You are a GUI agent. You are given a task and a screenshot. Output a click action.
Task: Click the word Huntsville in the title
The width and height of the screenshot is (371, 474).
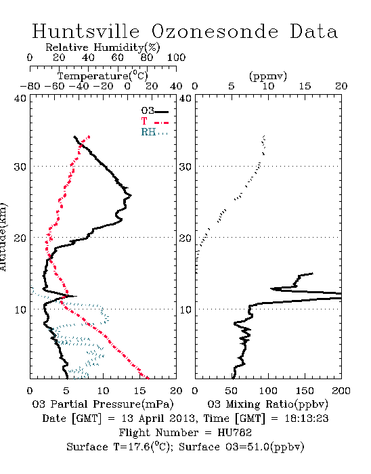(86, 31)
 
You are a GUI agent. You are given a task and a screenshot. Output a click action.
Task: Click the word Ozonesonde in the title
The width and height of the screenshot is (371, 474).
(215, 31)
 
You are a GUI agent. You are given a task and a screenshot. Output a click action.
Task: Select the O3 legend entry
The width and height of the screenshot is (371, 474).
(154, 111)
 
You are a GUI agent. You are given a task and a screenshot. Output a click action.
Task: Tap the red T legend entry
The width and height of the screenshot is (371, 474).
(154, 122)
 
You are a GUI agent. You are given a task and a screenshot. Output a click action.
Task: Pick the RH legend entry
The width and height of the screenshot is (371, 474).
(154, 132)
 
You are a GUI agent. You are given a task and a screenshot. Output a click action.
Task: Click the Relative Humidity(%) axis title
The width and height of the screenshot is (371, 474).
(103, 47)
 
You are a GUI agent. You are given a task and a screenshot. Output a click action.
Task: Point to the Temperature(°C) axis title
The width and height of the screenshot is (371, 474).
(103, 76)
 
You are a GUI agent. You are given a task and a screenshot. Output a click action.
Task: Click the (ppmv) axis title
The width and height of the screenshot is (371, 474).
(268, 76)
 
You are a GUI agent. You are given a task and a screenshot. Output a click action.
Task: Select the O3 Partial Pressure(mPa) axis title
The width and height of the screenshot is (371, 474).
(103, 404)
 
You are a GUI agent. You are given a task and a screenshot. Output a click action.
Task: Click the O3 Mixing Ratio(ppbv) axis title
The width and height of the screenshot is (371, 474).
(267, 404)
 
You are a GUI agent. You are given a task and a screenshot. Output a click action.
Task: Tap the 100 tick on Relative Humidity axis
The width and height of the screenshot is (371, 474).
(177, 58)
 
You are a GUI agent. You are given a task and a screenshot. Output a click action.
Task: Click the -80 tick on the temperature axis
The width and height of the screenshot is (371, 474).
(30, 86)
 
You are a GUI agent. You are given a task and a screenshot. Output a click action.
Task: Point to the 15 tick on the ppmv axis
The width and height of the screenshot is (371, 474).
(305, 86)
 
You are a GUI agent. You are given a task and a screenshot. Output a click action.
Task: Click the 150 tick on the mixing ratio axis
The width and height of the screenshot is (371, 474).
(305, 391)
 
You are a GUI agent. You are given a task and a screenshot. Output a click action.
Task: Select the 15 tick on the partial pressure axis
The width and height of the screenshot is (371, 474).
(140, 391)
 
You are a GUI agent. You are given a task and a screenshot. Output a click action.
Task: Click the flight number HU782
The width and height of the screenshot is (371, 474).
(235, 433)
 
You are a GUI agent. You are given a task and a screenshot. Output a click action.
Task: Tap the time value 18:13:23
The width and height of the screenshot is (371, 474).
(307, 418)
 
